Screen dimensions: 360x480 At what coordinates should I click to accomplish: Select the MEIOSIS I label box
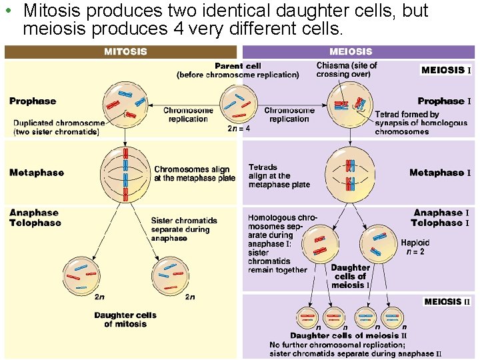point(446,70)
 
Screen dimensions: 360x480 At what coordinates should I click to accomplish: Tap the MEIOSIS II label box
point(447,301)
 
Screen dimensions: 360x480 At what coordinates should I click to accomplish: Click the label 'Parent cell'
point(237,66)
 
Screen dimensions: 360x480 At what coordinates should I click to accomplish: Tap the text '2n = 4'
point(239,129)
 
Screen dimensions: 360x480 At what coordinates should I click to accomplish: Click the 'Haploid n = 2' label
point(415,247)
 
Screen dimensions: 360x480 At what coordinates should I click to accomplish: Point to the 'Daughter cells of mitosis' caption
point(125,319)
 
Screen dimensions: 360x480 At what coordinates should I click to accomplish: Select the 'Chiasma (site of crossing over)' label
point(347,69)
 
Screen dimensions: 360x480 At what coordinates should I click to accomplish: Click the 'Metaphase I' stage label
point(440,173)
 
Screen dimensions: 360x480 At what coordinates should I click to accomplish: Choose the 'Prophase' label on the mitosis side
point(33,101)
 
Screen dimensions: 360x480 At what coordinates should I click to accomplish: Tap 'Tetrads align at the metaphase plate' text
point(279,176)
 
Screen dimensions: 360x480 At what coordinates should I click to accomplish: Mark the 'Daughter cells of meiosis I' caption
point(350,276)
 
